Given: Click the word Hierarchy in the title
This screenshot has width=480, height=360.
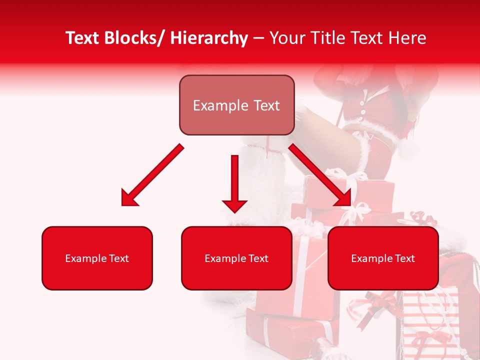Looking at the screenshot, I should pos(209,38).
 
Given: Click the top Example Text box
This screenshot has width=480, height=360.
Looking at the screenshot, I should pos(236,105).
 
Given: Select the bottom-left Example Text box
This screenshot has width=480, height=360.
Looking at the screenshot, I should pos(97,258).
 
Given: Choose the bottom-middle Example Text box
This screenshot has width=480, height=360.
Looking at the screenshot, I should pos(236,258).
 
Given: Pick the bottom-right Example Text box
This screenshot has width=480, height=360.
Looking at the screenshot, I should pos(383,258).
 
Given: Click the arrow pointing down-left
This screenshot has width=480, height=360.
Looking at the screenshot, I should pos(152,175).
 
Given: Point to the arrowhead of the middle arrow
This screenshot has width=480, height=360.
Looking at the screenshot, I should pos(234,205).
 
